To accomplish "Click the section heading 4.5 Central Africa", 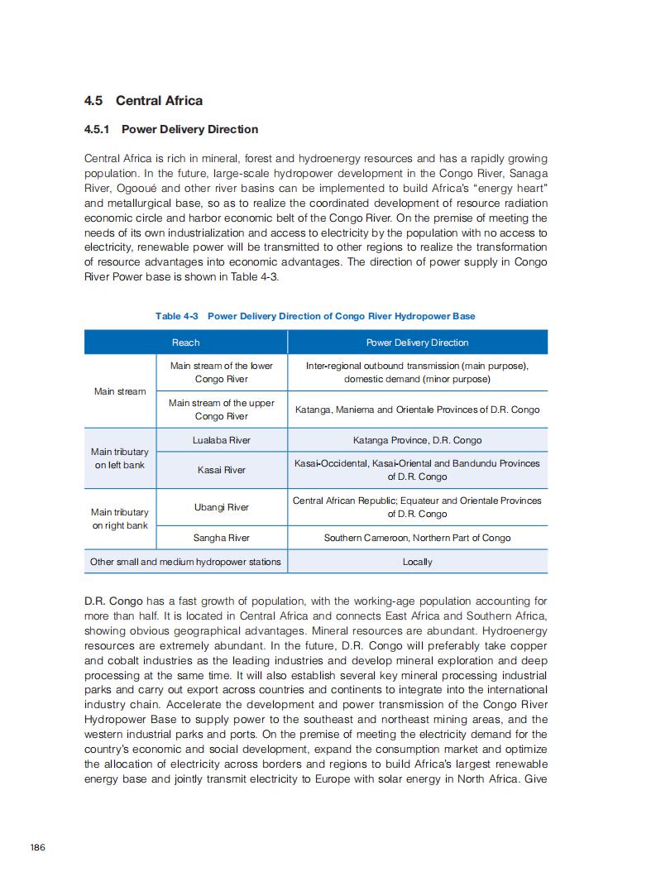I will (x=143, y=101).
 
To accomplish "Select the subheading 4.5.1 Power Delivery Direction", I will (x=171, y=129).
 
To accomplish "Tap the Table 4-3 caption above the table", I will (x=315, y=316).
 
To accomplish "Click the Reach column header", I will (x=185, y=343).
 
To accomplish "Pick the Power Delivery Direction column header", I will (x=417, y=343).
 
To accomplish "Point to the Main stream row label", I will (x=120, y=391).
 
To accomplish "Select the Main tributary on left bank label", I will (x=120, y=458).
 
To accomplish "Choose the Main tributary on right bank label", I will (x=120, y=519).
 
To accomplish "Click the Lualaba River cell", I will (x=222, y=440).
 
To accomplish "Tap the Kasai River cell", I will (x=222, y=470).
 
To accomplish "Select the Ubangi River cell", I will (x=222, y=507).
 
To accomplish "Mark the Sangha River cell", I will (x=222, y=538).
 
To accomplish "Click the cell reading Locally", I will (x=417, y=562).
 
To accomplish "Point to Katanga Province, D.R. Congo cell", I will (x=417, y=440).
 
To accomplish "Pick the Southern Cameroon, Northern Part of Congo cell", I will (x=417, y=538).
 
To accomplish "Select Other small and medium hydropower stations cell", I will (x=185, y=562).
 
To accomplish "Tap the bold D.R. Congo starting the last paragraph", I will (x=114, y=601).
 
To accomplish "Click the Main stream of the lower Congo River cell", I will (x=222, y=372).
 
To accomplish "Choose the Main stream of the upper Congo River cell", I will (x=222, y=410).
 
